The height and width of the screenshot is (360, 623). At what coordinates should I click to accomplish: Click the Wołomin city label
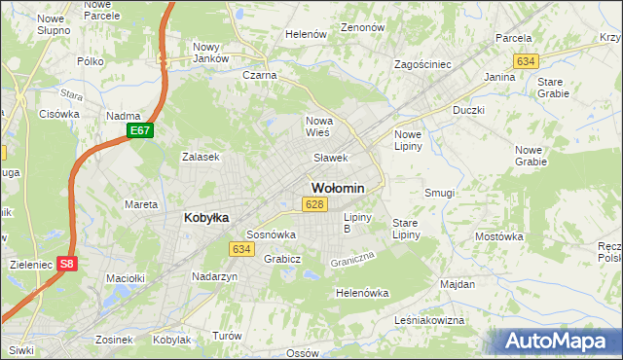pos(338,188)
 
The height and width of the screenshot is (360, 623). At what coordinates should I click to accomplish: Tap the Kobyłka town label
pos(206,218)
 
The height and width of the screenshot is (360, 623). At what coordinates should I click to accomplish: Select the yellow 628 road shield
pos(312,204)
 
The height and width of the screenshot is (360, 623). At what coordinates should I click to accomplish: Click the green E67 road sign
pos(140,130)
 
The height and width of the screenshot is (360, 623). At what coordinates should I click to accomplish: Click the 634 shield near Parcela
pos(526,60)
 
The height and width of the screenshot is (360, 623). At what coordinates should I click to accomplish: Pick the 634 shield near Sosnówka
pos(242,250)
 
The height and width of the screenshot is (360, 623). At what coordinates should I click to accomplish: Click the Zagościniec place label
pos(421,64)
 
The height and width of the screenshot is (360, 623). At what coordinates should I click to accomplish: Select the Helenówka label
pos(361,293)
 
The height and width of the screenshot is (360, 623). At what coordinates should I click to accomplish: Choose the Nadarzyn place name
pos(215,277)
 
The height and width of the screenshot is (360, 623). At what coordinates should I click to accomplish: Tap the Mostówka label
pos(499,236)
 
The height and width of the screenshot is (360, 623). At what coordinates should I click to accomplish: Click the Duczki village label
pos(468,111)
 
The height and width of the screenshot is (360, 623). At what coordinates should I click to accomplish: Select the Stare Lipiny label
pos(405,229)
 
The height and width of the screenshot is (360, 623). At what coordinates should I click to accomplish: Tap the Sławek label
pos(330,158)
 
